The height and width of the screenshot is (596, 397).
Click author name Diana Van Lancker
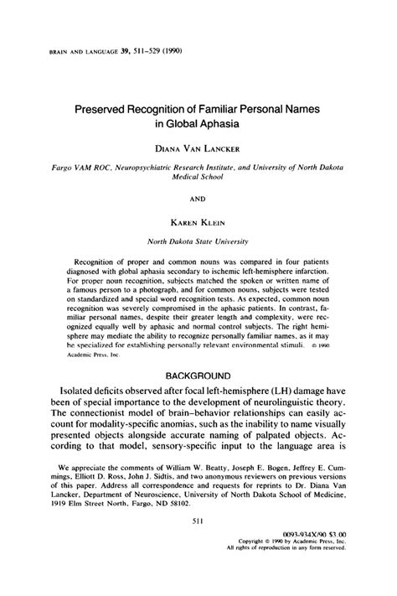click(x=199, y=151)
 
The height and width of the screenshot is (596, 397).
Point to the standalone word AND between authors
click(x=199, y=200)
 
